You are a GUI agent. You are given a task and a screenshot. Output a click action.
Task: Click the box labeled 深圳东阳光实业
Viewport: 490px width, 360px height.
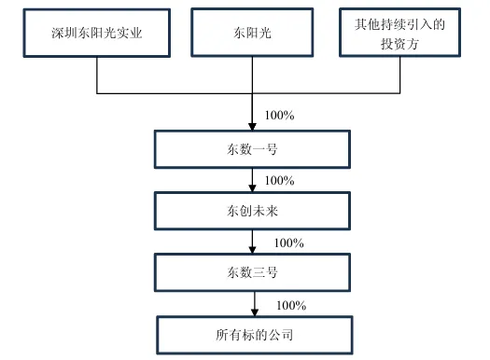click(x=97, y=34)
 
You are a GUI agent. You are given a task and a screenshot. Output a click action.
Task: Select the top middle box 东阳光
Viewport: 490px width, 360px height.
click(x=253, y=34)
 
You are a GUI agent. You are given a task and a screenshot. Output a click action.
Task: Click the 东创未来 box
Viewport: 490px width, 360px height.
click(x=253, y=211)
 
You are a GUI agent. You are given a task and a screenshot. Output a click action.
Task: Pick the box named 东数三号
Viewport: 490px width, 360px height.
click(x=253, y=273)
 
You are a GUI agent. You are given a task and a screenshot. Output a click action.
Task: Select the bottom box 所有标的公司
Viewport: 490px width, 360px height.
click(x=253, y=334)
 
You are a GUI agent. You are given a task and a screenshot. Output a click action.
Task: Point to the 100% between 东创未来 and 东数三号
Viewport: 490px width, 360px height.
click(x=288, y=242)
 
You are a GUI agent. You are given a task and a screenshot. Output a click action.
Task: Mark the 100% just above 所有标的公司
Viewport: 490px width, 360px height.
click(x=291, y=305)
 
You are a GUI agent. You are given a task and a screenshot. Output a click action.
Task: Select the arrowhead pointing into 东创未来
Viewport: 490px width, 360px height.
click(x=253, y=189)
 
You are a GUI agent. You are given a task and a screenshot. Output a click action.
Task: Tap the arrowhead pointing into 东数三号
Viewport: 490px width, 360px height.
click(x=253, y=251)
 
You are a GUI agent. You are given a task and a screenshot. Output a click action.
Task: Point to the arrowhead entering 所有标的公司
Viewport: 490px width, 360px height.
click(x=253, y=312)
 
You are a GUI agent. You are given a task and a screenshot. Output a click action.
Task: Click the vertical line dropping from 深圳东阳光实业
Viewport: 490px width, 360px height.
click(x=97, y=76)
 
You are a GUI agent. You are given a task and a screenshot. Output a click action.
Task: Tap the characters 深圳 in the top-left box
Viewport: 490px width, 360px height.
click(x=62, y=34)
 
